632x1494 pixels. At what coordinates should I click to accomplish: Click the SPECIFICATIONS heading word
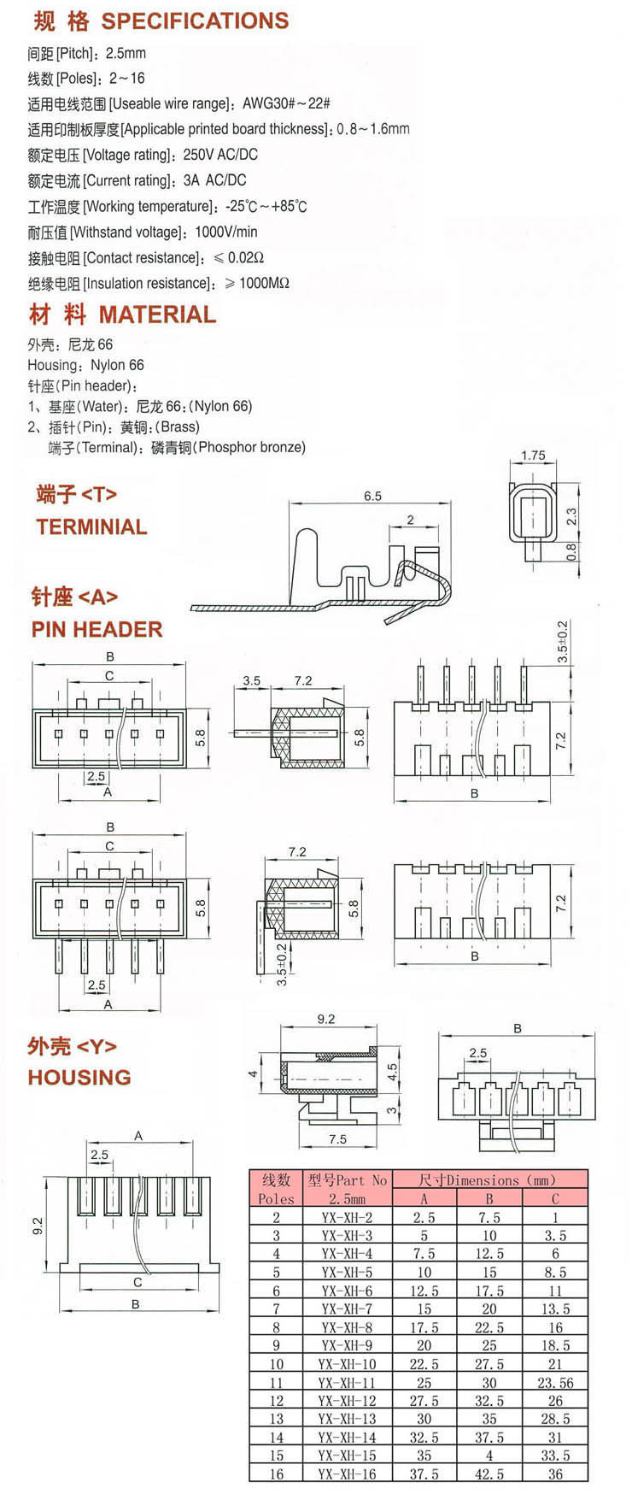click(x=195, y=21)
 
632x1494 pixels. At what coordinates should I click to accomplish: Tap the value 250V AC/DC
click(x=220, y=155)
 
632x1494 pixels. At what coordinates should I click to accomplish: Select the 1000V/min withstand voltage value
click(x=225, y=232)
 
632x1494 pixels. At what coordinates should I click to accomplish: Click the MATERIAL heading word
click(x=157, y=315)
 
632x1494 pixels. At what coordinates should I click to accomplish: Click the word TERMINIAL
click(x=91, y=526)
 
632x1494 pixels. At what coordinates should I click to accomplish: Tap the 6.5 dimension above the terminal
click(x=372, y=496)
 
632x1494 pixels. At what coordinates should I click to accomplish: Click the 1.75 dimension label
click(x=533, y=455)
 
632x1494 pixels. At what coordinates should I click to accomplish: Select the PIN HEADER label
click(x=97, y=629)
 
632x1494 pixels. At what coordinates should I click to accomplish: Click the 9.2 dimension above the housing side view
click(x=325, y=1019)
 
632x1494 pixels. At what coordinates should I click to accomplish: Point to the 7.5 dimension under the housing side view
click(x=337, y=1138)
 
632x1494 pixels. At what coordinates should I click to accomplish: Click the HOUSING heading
click(x=79, y=1077)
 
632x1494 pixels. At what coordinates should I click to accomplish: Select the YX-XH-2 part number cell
click(x=347, y=1217)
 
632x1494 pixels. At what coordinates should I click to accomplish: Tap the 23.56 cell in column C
click(x=555, y=1382)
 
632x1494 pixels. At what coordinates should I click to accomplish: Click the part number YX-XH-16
click(x=347, y=1474)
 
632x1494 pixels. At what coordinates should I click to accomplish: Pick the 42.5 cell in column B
click(x=489, y=1474)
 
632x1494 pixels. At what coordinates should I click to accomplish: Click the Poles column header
click(x=276, y=1198)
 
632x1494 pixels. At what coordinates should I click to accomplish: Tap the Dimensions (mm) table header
click(x=489, y=1180)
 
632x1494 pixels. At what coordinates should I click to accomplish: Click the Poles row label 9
click(x=276, y=1345)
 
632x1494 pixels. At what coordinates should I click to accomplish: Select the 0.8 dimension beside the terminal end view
click(x=571, y=552)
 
